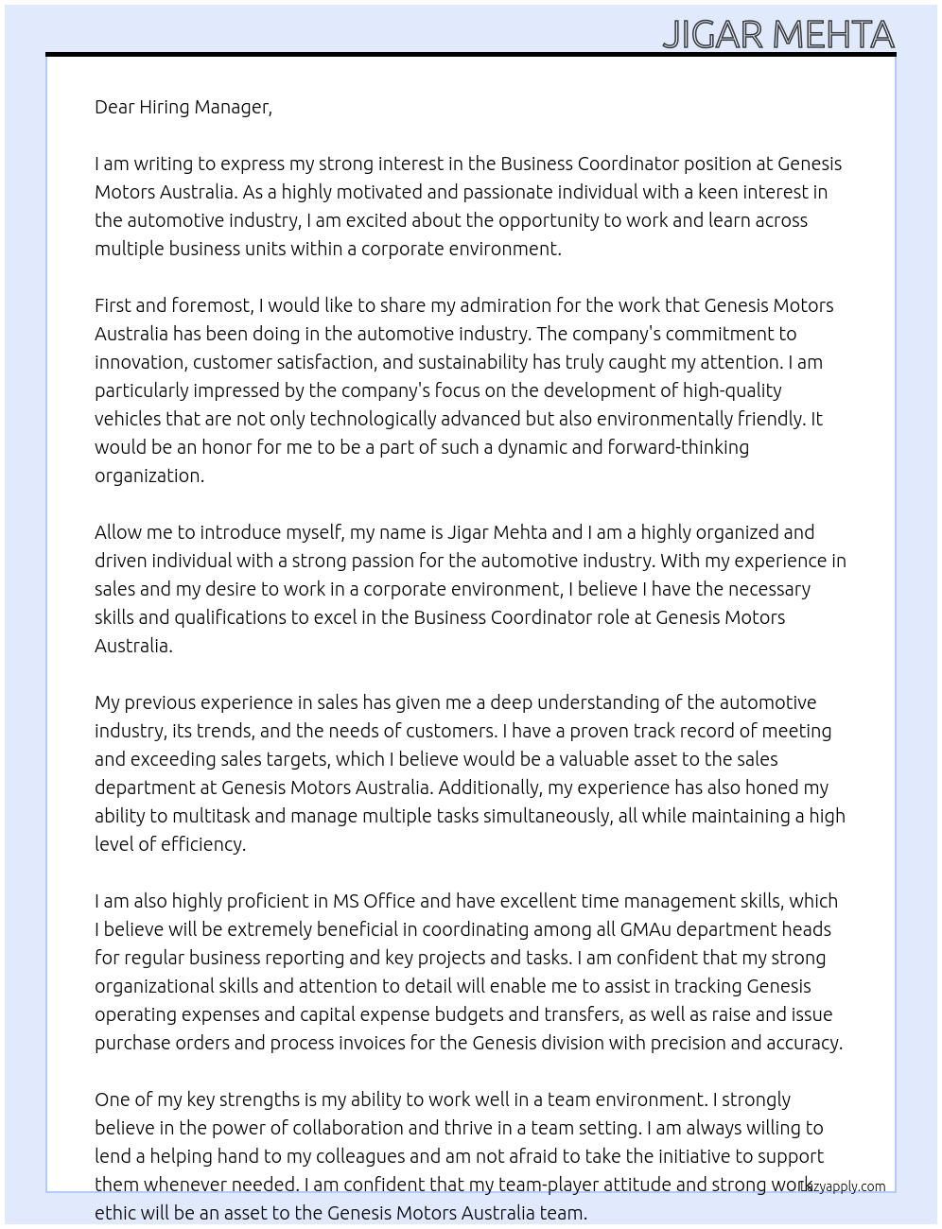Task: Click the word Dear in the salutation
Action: click(x=114, y=107)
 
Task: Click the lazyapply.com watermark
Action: click(x=844, y=1186)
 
